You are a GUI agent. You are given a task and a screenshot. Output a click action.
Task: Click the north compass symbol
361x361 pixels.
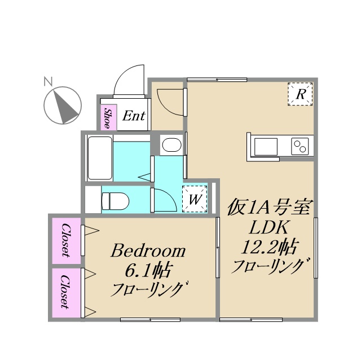63,105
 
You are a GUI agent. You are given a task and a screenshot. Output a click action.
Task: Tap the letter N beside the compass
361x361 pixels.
48,81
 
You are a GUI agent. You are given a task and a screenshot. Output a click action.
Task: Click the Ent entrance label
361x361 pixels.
134,117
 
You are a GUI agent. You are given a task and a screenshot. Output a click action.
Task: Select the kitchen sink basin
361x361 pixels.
266,147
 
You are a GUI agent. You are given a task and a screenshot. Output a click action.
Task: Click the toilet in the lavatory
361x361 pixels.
116,200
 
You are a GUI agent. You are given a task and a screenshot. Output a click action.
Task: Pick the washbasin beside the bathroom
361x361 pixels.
170,146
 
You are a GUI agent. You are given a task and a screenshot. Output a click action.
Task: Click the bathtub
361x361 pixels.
100,159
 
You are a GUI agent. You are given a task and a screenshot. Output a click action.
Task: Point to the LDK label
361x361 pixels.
269,228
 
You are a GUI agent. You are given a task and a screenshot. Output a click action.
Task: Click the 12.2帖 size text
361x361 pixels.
269,246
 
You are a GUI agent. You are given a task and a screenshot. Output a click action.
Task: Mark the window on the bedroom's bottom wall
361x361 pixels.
150,320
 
